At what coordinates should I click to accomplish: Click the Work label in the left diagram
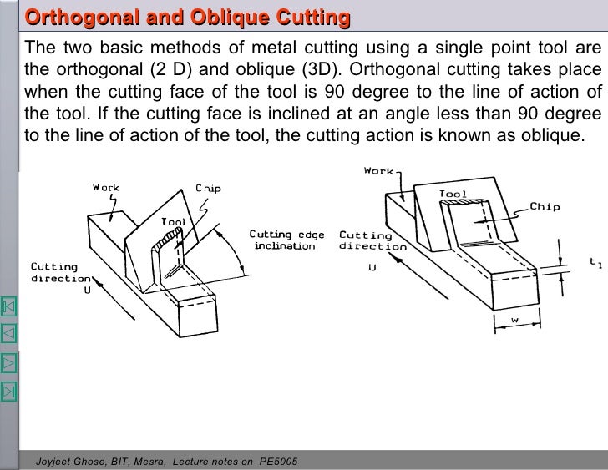[x=105, y=187]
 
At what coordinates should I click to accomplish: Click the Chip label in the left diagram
[x=208, y=188]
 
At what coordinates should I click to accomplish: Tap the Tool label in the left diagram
[x=174, y=222]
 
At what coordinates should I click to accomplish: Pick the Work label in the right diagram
[x=378, y=171]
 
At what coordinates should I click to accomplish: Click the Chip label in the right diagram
[x=545, y=206]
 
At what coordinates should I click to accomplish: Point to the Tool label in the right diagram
[x=453, y=194]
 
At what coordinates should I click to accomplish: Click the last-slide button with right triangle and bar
[x=9, y=390]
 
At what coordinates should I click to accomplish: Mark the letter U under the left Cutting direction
[x=86, y=290]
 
